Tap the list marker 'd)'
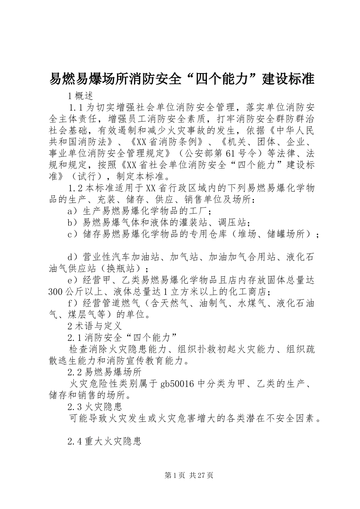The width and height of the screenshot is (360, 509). click(x=72, y=257)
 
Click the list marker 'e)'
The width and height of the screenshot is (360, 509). click(x=72, y=280)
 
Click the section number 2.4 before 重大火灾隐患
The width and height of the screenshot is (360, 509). click(x=75, y=441)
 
